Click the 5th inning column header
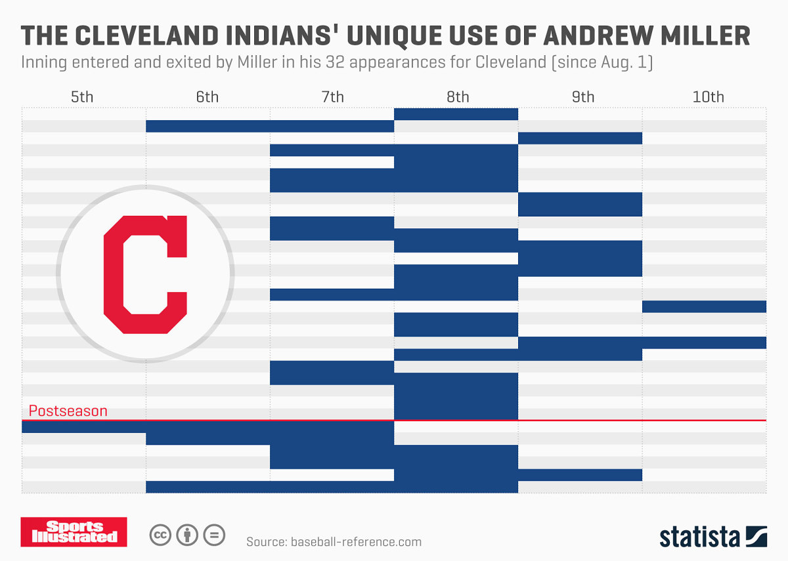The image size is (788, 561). coord(82,97)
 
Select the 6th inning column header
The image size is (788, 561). coord(207,97)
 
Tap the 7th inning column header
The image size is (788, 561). coord(332,97)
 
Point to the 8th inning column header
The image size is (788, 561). coord(458,97)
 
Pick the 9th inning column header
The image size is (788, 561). coord(582,97)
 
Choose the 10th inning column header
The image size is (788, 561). coord(708,97)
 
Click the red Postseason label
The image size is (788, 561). coord(68,411)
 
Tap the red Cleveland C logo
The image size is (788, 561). coord(145,274)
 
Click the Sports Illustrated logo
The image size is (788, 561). coord(74,532)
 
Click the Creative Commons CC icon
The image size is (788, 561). coord(160,535)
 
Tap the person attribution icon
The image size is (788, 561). coord(187,535)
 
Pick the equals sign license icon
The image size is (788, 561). coord(213,535)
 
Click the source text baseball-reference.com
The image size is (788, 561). coord(334,541)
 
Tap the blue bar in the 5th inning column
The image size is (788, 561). coord(83,426)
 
